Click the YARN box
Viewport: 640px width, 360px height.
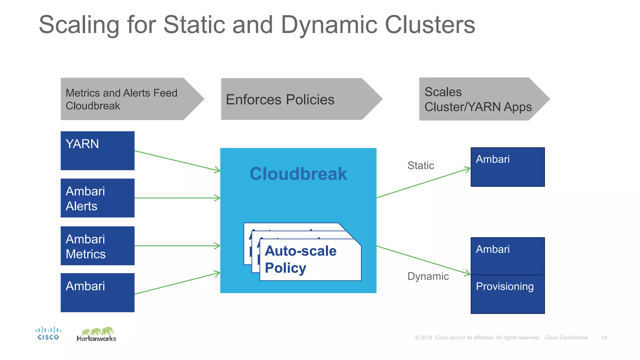click(97, 151)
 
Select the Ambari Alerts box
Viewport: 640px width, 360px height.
click(97, 198)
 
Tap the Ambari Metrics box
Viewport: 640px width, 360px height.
click(97, 246)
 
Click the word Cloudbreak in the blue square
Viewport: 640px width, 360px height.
click(298, 174)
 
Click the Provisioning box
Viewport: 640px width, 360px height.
click(507, 294)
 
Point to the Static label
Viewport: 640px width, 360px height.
click(421, 165)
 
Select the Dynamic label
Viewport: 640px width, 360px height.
click(428, 276)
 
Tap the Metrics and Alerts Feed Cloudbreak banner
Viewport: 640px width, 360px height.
click(125, 99)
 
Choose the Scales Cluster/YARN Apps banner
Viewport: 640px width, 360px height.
click(478, 99)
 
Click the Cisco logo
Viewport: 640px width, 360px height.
click(48, 333)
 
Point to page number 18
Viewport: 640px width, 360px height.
click(604, 337)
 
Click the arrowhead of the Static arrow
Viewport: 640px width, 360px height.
click(468, 169)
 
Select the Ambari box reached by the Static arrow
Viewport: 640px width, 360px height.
click(507, 167)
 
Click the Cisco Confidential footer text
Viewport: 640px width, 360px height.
click(566, 337)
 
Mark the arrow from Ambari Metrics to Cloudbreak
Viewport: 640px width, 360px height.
click(177, 246)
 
